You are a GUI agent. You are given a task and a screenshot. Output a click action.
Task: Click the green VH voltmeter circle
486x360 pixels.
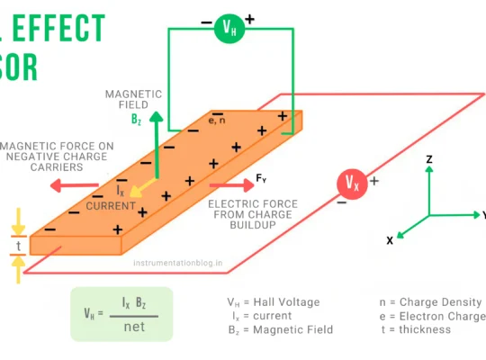229,28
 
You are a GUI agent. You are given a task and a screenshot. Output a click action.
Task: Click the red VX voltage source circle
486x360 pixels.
352,184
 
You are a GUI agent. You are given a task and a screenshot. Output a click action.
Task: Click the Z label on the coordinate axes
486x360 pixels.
430,158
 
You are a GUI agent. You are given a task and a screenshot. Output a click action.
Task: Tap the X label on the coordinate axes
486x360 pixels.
389,240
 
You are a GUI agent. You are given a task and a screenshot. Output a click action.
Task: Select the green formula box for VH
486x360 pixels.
121,314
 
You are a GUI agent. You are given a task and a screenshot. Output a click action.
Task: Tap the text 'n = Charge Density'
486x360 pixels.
430,302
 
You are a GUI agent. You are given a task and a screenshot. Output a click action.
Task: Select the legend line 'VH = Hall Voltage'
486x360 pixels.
273,302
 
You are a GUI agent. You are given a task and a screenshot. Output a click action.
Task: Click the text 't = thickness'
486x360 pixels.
422,329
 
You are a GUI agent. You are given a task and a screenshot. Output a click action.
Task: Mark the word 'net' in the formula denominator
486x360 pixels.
134,326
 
